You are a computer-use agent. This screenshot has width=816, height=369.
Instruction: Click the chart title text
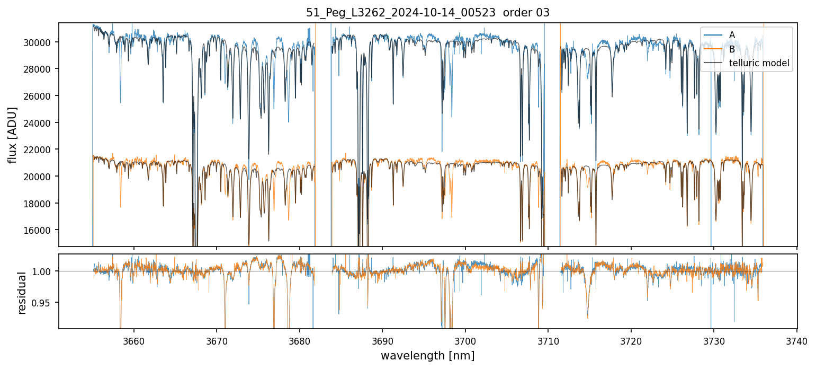point(428,13)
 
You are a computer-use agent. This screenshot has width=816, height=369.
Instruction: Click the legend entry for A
point(732,35)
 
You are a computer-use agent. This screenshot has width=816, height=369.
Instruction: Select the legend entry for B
point(732,49)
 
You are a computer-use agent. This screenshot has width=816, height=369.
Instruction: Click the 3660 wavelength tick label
point(133,341)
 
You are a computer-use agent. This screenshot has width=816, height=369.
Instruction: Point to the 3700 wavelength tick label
point(465,341)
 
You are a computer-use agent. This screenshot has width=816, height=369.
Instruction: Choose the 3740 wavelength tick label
point(797,341)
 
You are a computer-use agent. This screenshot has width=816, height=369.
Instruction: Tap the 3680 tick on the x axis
point(300,341)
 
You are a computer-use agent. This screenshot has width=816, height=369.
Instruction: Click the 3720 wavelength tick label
point(631,341)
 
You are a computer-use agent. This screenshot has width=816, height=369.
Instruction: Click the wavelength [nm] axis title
point(428,356)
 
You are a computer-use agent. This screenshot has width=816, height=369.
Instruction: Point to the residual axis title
point(22,293)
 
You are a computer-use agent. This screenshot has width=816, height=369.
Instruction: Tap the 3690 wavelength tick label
point(382,341)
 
